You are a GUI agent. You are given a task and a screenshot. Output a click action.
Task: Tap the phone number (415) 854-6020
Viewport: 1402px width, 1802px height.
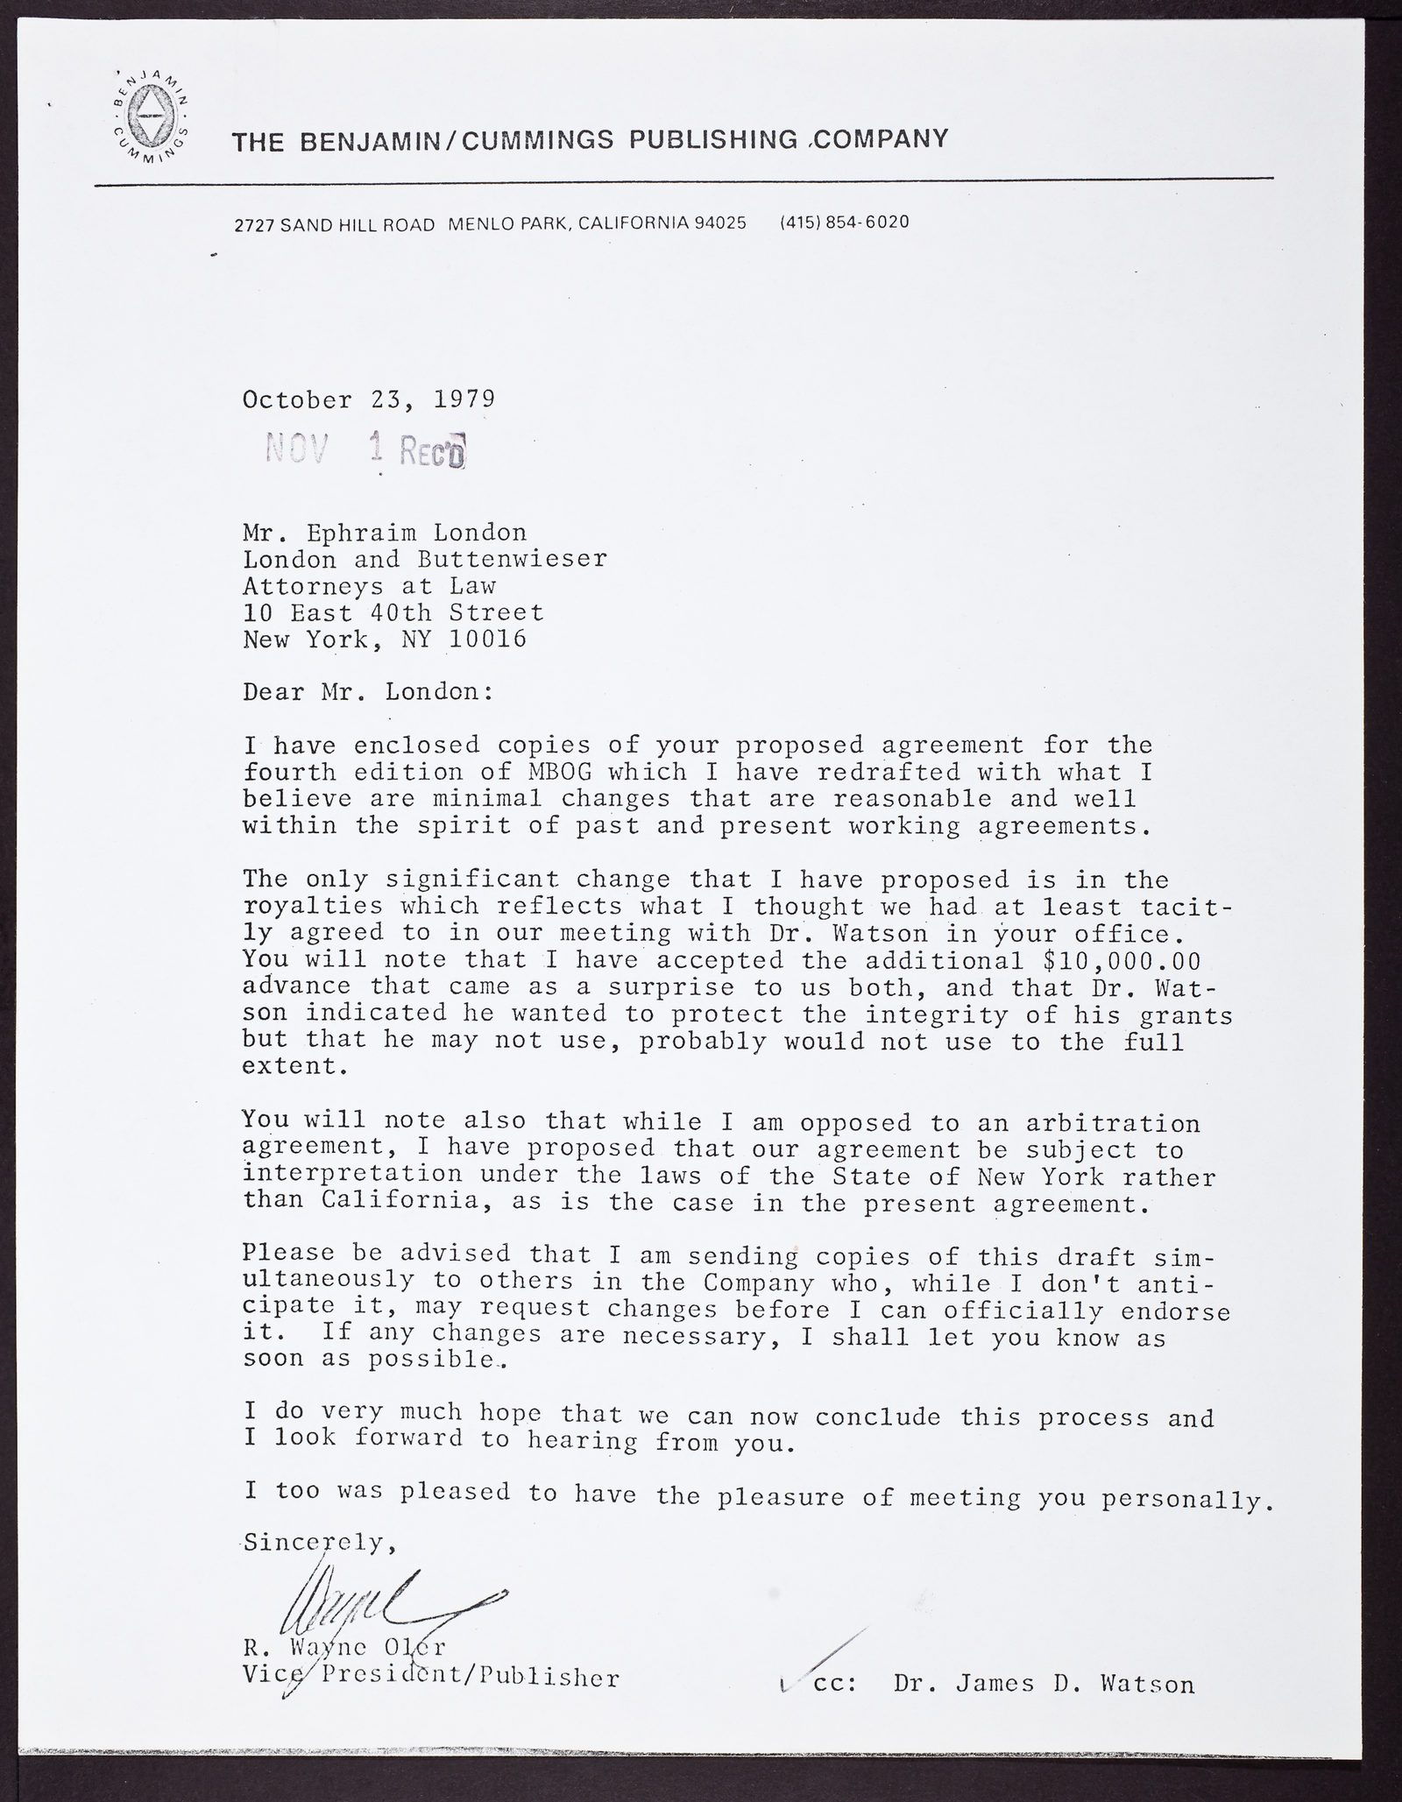844,223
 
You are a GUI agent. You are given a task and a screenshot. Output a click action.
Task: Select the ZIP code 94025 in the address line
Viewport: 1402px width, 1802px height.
720,223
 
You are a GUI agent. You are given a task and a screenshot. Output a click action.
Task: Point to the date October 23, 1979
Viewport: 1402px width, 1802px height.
369,399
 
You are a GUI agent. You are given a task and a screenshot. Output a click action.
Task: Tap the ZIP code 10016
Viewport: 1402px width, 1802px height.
488,639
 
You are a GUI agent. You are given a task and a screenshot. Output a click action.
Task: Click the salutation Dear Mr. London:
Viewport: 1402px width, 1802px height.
369,692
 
